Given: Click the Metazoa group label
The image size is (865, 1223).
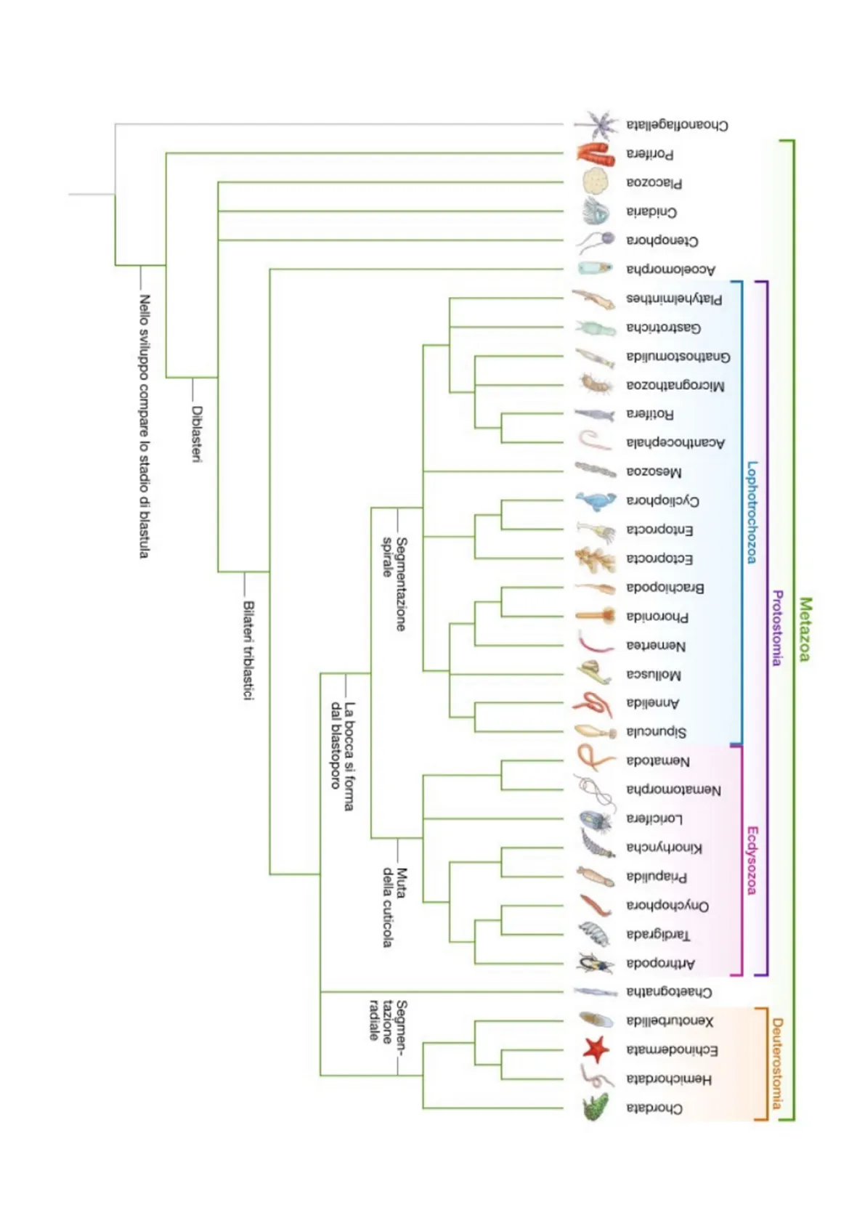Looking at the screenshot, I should [x=804, y=629].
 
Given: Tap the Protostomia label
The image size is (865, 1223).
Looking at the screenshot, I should [x=777, y=627].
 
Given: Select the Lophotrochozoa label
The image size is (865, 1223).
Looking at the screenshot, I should [x=752, y=512].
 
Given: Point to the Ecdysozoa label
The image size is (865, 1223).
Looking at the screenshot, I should [x=752, y=860].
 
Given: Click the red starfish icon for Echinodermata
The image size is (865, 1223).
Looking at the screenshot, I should [x=596, y=1049].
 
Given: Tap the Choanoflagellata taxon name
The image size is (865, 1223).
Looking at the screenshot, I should [x=677, y=125].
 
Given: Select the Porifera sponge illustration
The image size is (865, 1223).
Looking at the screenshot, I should [x=596, y=153].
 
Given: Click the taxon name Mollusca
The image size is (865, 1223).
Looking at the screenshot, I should [x=654, y=675].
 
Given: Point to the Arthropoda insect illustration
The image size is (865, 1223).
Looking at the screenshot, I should [x=595, y=963].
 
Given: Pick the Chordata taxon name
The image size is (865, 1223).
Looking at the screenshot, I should [x=654, y=1108].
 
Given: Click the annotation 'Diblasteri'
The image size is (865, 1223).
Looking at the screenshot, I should [x=196, y=433].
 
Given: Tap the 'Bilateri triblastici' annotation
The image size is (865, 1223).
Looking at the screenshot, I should [x=248, y=650].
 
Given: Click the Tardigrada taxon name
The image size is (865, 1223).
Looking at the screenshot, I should [x=658, y=934].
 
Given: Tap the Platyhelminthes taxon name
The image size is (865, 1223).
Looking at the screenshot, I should [x=674, y=298].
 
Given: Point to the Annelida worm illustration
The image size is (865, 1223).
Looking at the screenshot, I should [x=593, y=703].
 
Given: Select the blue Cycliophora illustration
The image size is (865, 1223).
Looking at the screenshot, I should [x=595, y=500].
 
